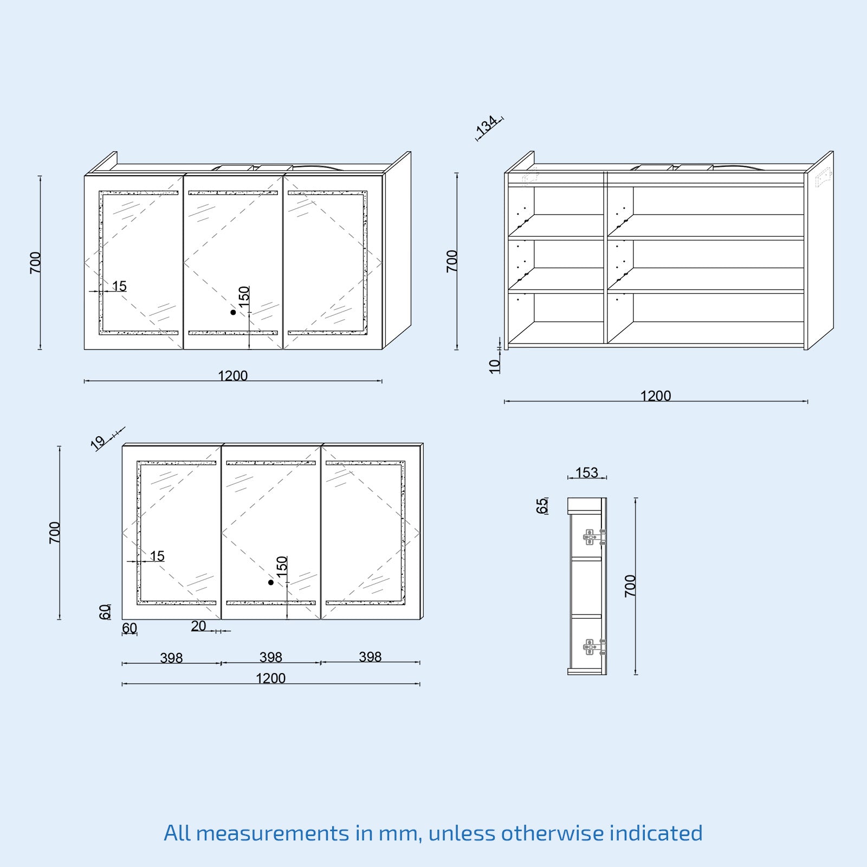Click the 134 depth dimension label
click(x=487, y=125)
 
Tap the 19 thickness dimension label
click(x=98, y=443)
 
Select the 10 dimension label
click(x=495, y=366)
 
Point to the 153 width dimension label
click(x=586, y=473)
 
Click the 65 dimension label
click(x=542, y=506)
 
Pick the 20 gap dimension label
click(x=198, y=626)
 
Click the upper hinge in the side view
click(x=594, y=537)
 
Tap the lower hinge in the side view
click(x=594, y=647)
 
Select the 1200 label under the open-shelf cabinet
click(x=656, y=396)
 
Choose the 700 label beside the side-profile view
click(x=630, y=586)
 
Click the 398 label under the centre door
click(x=270, y=657)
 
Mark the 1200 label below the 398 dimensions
click(x=270, y=678)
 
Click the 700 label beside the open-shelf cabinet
click(x=452, y=261)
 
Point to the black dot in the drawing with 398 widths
click(x=271, y=583)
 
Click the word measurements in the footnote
click(x=273, y=833)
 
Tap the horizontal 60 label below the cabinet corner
click(x=130, y=628)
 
